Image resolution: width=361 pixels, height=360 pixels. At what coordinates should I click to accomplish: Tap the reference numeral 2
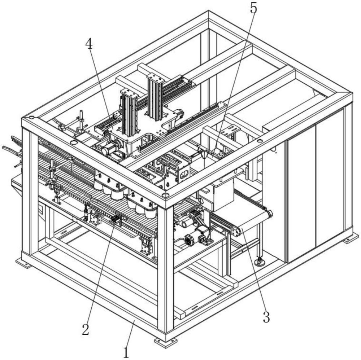click(86, 329)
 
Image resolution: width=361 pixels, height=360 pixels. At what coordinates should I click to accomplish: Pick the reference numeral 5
click(253, 9)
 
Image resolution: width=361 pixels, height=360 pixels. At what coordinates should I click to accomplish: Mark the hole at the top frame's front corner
click(165, 196)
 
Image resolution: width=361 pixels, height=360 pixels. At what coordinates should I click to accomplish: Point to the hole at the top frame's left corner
click(32, 118)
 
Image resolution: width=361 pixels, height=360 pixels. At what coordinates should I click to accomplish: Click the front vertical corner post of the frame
click(166, 269)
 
